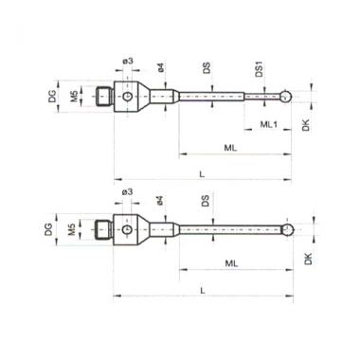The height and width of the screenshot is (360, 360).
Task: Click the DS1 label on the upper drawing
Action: (260, 69)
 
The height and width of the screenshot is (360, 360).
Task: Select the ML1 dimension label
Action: (268, 124)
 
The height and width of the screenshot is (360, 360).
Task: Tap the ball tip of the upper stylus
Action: (286, 96)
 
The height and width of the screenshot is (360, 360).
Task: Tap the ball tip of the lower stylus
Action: (288, 229)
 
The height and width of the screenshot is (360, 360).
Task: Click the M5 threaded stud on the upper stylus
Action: (104, 97)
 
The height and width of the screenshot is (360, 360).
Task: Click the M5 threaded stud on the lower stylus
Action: (103, 230)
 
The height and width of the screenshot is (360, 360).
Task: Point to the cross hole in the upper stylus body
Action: (128, 97)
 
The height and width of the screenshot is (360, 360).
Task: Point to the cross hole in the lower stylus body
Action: (127, 229)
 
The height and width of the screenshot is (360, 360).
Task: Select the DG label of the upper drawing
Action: (52, 96)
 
